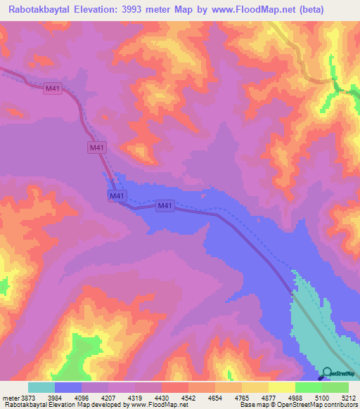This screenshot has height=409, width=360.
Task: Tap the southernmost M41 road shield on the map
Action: pyautogui.click(x=165, y=205)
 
